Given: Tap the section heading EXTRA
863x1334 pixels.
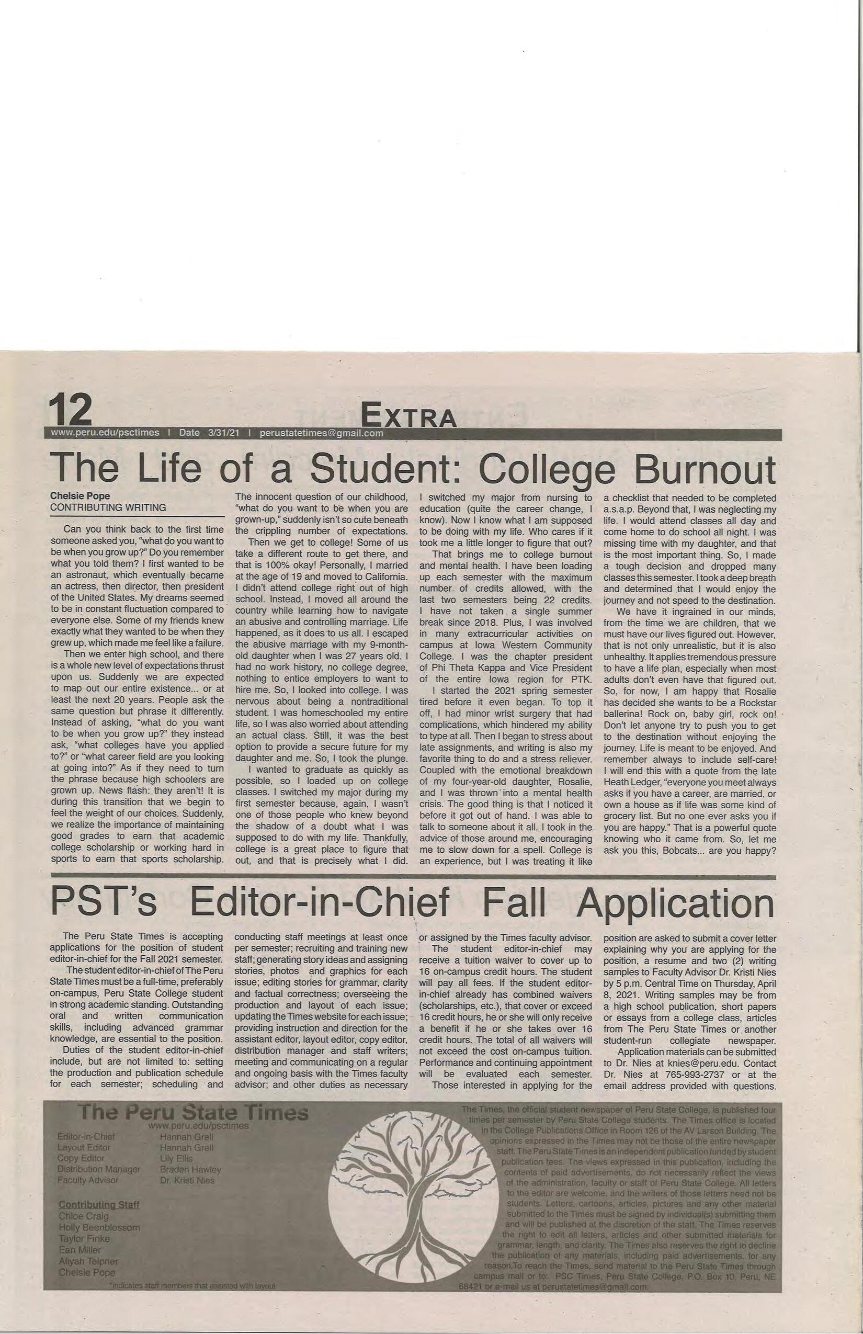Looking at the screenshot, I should pyautogui.click(x=408, y=415).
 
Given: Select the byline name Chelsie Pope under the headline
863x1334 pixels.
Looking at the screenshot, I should pyautogui.click(x=80, y=495).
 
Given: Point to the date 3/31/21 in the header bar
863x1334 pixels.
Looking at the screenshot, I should pyautogui.click(x=224, y=433).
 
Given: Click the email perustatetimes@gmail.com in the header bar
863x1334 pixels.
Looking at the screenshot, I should pyautogui.click(x=321, y=433).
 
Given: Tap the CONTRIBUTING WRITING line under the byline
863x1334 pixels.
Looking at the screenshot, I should pyautogui.click(x=108, y=507).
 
